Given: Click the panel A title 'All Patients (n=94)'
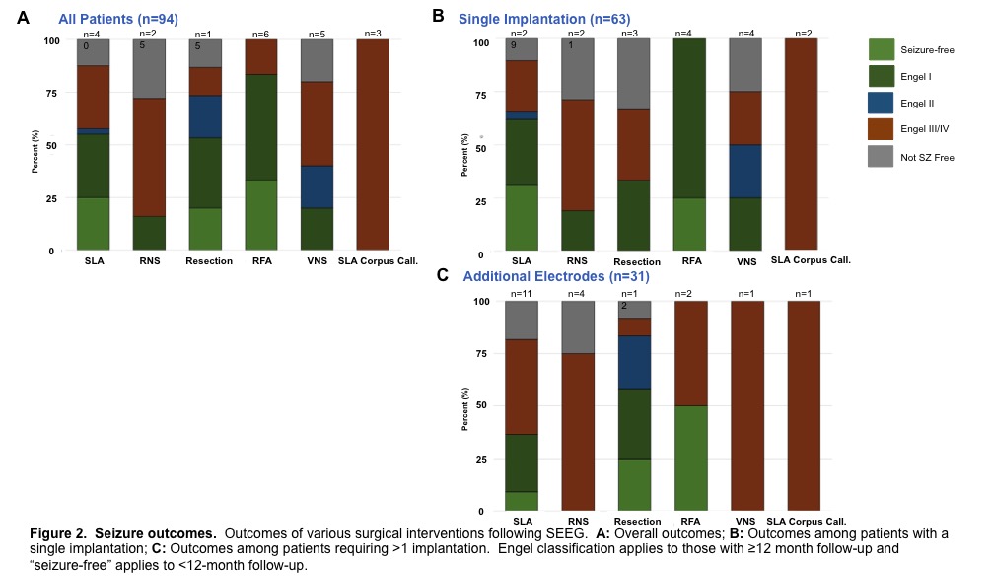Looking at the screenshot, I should click(117, 18).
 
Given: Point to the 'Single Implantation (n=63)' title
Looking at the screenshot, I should click(544, 19).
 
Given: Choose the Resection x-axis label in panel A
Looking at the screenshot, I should click(209, 260).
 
